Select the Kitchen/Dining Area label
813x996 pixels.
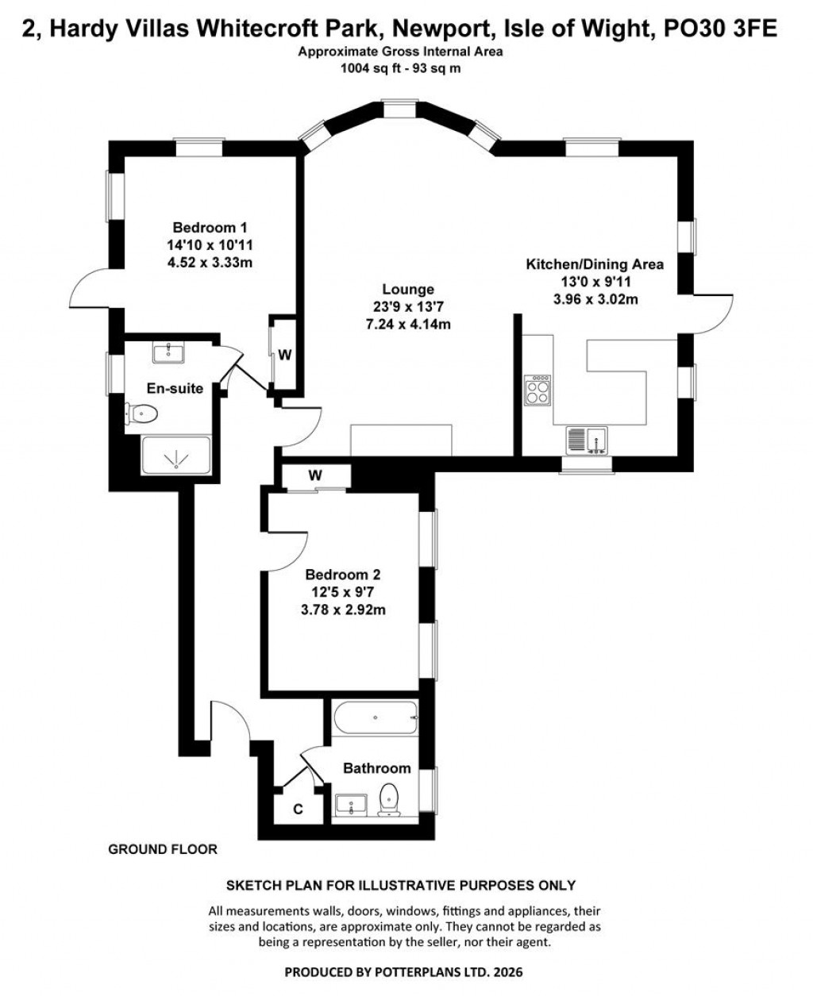click(595, 264)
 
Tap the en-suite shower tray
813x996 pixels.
click(175, 456)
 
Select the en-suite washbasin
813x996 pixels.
click(167, 352)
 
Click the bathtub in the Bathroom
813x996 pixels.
click(374, 720)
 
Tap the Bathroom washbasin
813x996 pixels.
click(350, 804)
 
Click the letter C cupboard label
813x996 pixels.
click(298, 809)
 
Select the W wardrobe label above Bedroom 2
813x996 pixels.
click(315, 475)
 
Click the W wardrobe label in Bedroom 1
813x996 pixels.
click(284, 355)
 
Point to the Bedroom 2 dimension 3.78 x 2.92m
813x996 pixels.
click(349, 610)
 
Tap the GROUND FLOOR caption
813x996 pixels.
click(162, 849)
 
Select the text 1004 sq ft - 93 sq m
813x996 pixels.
click(401, 68)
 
